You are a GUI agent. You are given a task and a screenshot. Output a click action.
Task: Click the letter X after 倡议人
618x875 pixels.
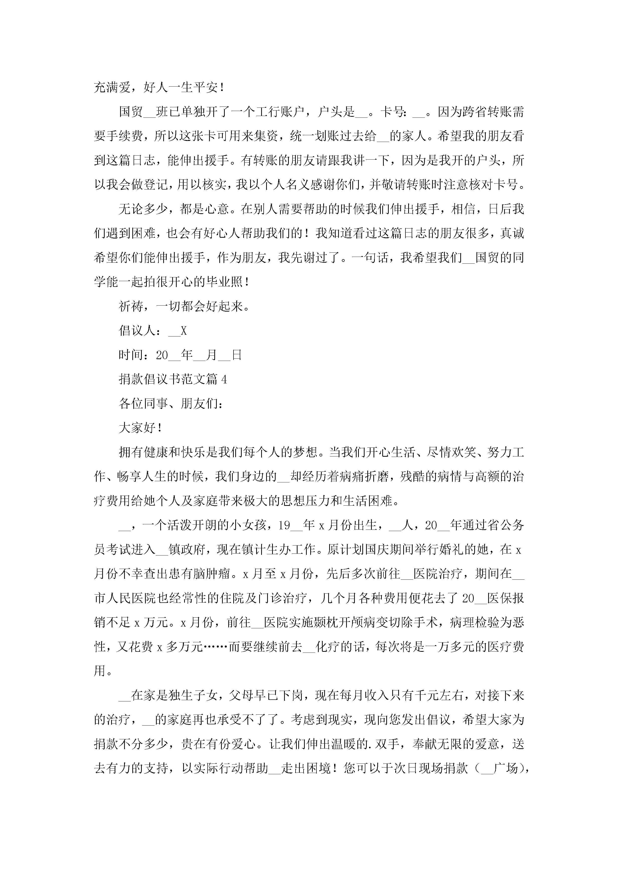[184, 331]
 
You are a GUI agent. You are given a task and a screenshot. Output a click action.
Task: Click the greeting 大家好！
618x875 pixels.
[141, 428]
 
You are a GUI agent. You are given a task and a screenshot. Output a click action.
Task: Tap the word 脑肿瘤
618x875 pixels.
[211, 574]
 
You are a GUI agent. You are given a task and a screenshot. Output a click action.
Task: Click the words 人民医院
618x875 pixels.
[131, 598]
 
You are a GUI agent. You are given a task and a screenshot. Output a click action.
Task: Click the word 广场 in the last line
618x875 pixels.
[505, 769]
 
